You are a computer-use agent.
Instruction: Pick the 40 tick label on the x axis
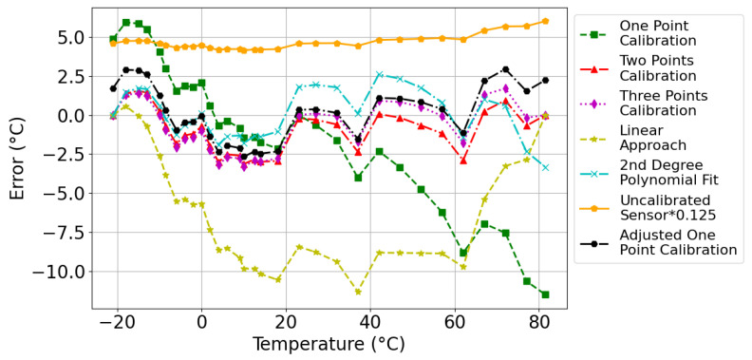(372, 321)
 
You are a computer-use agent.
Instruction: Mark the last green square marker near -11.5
(545, 294)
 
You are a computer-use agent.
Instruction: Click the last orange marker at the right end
(545, 21)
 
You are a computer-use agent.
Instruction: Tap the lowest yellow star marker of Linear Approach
(358, 292)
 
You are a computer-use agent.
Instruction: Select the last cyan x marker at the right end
(545, 167)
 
